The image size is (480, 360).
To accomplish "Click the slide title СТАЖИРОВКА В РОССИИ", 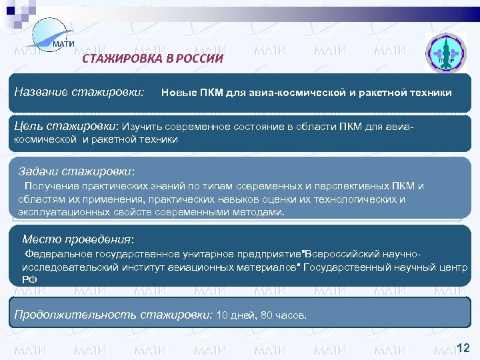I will pyautogui.click(x=152, y=59).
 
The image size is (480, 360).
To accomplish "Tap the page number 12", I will pyautogui.click(x=463, y=347).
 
